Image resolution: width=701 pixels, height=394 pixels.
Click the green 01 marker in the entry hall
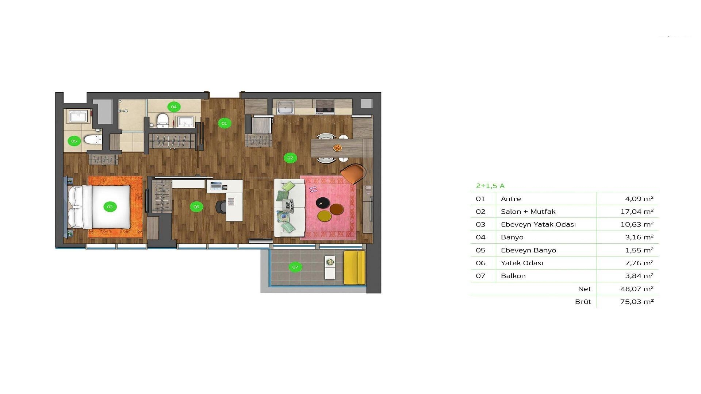[x=224, y=123]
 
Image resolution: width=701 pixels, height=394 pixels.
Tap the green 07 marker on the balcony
[x=295, y=267]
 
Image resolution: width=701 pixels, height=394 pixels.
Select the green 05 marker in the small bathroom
[x=74, y=141]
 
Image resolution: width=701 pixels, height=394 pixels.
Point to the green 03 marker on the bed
[x=110, y=207]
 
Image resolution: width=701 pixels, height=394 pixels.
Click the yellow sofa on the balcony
[x=355, y=267]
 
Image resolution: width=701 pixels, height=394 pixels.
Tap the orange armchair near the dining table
[x=353, y=174]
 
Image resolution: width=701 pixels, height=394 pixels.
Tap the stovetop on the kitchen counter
[x=325, y=107]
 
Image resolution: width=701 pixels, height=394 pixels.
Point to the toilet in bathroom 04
[x=162, y=121]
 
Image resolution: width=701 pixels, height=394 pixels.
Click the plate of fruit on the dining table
[x=337, y=148]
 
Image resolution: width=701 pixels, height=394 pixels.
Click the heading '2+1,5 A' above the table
[x=490, y=186]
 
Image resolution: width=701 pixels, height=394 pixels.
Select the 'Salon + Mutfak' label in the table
[x=528, y=212]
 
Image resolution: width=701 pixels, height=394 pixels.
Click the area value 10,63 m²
[x=637, y=224]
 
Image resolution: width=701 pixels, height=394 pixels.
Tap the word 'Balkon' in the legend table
[x=513, y=276]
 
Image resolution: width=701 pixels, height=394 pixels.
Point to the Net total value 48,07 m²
[x=637, y=289]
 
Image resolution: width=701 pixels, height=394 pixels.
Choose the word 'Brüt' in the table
[x=583, y=302]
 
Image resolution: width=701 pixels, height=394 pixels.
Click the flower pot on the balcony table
[x=330, y=262]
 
